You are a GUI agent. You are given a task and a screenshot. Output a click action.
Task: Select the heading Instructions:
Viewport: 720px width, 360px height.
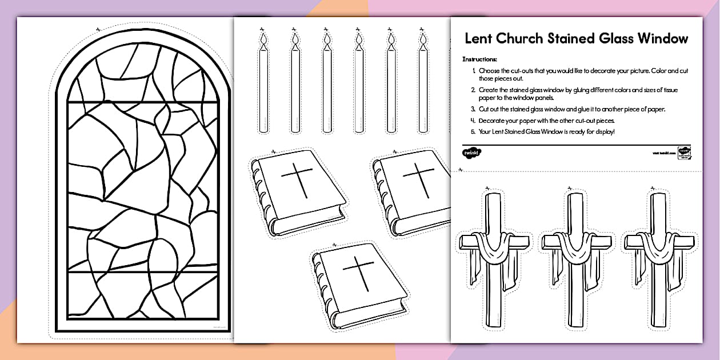480,59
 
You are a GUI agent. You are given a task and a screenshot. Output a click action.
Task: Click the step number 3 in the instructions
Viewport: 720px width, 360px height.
473,109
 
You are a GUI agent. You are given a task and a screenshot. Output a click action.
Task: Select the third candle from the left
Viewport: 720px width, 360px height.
327,86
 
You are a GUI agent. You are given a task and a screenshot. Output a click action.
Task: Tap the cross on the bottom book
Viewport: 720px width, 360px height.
360,277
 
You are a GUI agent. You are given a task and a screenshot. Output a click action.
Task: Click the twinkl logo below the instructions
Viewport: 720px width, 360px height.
471,153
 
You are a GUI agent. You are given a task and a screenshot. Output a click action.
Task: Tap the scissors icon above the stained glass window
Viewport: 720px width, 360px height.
98,27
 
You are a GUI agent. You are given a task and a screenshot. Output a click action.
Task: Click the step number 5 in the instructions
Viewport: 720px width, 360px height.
473,132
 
